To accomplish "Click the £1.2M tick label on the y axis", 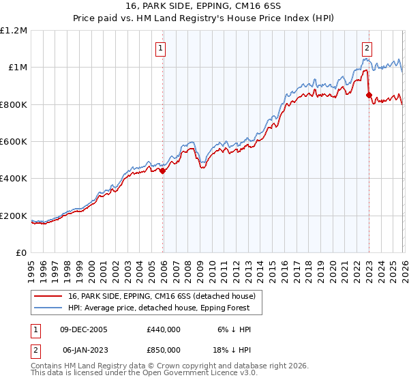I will point(14,30).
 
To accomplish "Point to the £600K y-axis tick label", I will point(14,142).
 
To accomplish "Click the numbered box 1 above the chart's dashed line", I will point(160,48).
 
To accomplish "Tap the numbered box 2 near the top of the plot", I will point(367,48).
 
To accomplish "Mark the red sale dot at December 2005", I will point(163,171).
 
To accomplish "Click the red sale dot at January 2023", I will point(369,95).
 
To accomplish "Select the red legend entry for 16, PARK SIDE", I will point(162,296).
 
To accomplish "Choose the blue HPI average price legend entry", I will point(160,308).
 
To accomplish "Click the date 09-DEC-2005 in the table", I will point(84,329).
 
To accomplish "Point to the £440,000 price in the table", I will point(164,329).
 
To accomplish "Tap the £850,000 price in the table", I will point(164,350).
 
